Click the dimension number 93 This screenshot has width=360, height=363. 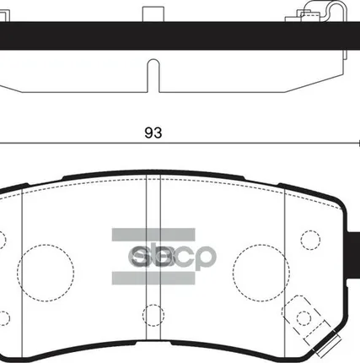pyautogui.click(x=153, y=133)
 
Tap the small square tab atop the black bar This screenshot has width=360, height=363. pyautogui.click(x=153, y=14)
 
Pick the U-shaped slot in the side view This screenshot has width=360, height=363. pyautogui.click(x=153, y=74)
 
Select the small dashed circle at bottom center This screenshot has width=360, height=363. pyautogui.click(x=153, y=316)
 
